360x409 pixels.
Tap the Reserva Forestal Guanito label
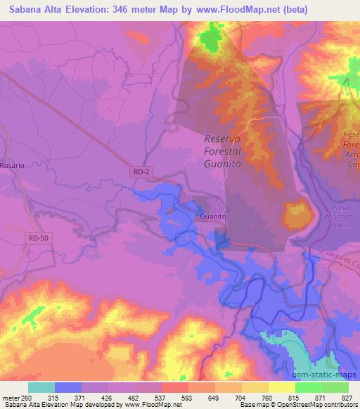[222, 150]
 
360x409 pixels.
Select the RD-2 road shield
[140, 171]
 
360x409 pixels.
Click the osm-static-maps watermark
[330, 375]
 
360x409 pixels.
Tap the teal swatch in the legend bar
[41, 387]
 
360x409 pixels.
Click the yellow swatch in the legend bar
[281, 387]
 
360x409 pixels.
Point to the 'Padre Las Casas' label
[340, 256]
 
